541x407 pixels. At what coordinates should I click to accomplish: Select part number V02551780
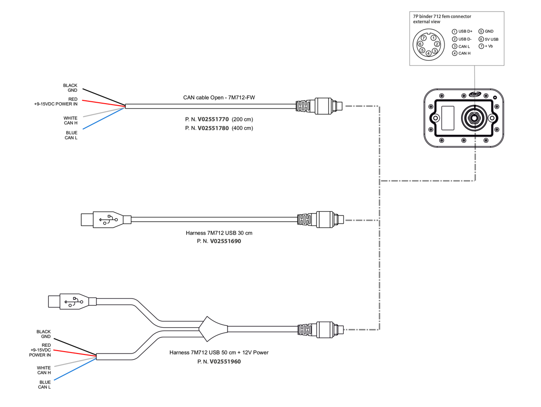coord(213,128)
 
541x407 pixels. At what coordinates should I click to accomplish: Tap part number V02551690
coord(225,241)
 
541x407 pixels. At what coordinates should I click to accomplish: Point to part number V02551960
coord(225,362)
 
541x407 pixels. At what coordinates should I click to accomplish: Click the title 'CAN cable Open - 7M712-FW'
coord(219,97)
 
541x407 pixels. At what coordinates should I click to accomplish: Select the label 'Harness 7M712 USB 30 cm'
coord(219,233)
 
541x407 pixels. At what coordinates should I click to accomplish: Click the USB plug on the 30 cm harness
coord(105,220)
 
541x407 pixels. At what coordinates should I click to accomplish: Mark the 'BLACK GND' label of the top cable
coord(70,88)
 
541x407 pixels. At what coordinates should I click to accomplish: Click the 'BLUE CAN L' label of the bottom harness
coord(44,385)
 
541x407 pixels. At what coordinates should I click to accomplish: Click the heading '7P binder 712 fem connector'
coord(442,16)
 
